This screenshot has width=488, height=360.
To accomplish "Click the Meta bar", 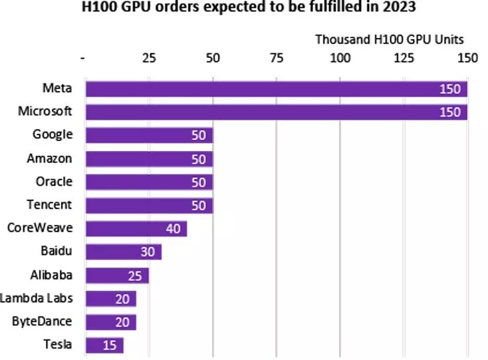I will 276,89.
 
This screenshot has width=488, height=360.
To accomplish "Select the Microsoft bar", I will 276,112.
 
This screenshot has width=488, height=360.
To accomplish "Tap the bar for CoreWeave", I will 136,229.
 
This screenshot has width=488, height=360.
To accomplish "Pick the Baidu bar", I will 123,252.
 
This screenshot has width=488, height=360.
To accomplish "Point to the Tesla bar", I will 104,345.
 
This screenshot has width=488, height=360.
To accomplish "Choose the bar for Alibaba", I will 116,275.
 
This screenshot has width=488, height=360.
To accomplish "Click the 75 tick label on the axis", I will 277,58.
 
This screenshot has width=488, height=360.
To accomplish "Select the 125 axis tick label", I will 403,58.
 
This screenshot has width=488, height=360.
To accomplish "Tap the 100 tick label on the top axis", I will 340,58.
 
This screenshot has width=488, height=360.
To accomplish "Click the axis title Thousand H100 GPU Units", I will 389,39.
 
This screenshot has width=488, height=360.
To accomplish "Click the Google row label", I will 53,134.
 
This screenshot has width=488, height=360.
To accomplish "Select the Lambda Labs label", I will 37,298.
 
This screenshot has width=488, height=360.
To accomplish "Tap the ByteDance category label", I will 42,321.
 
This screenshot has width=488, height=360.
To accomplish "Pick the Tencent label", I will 50,204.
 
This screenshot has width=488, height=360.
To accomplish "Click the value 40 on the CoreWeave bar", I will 173,229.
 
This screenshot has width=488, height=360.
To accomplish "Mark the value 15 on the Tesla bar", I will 110,345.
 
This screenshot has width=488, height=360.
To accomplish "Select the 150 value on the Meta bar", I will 450,89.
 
